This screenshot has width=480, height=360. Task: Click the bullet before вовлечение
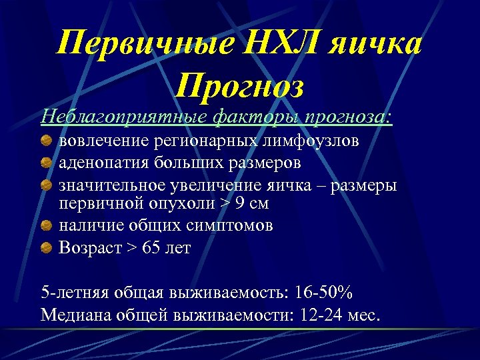click(46, 141)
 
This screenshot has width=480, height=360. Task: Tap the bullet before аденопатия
click(46, 162)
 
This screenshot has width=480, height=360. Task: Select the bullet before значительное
click(46, 183)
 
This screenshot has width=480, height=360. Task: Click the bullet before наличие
click(46, 226)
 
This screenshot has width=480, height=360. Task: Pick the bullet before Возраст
click(46, 248)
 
